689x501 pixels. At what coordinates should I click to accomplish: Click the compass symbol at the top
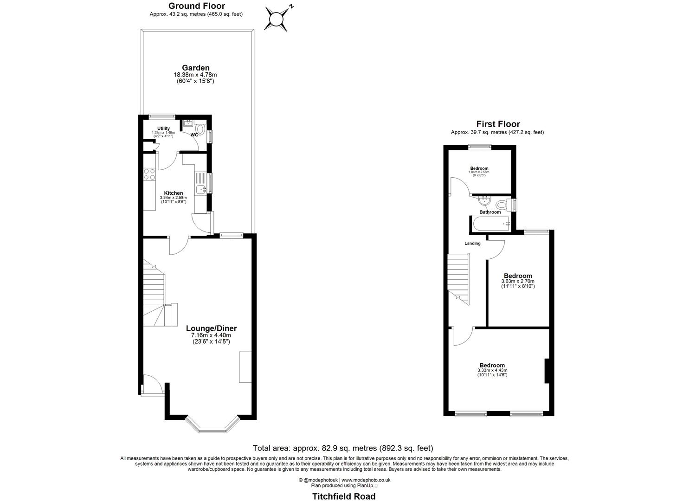pos(277,19)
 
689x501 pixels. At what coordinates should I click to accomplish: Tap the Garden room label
pos(195,68)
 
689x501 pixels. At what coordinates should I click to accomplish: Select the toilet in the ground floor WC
pos(200,128)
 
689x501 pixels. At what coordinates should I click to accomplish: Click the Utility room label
pos(163,128)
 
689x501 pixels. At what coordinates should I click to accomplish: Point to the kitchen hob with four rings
pos(149,174)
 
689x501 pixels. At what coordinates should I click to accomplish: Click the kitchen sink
pos(200,189)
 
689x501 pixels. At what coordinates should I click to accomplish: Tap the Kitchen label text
pos(174,193)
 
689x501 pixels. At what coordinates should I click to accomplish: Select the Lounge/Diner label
pos(211,328)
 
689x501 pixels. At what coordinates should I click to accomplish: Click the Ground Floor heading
pos(196,6)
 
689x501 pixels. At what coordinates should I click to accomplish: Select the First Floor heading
pos(498,124)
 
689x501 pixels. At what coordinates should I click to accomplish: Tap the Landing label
pos(472,243)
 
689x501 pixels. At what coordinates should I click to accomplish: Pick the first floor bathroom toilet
pos(501,204)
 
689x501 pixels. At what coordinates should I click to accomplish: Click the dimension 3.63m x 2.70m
pos(517,281)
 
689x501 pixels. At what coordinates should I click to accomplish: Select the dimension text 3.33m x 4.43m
pos(492,370)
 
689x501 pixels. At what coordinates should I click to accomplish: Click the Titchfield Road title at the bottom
pos(344,496)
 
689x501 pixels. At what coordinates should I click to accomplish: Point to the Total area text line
pos(342,448)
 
